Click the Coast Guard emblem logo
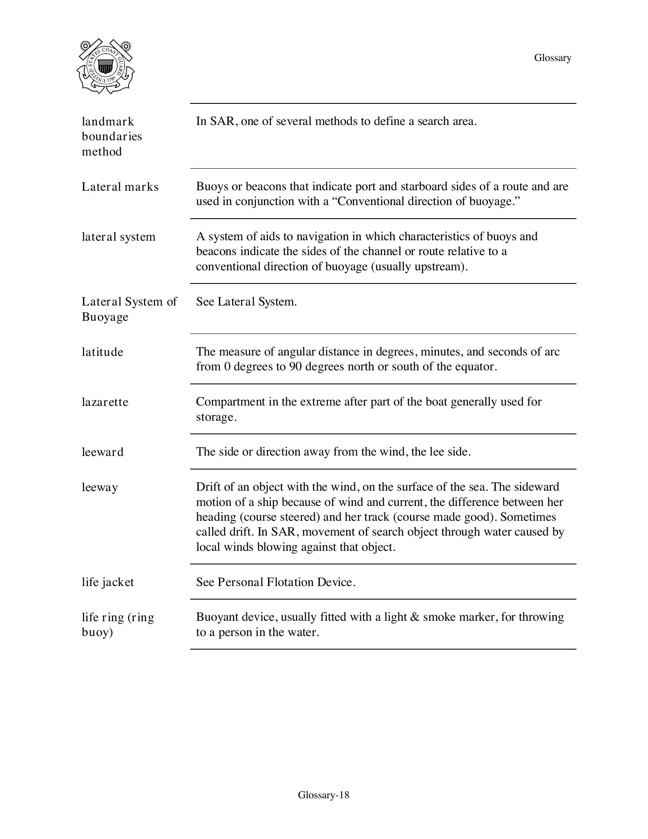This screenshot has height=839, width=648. tap(105, 67)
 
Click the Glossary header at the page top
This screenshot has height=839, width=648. tap(552, 58)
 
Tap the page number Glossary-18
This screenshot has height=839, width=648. tap(324, 795)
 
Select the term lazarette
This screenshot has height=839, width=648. tap(105, 402)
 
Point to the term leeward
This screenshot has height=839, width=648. tap(102, 452)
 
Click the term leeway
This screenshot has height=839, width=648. tap(100, 487)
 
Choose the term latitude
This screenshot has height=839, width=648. tap(102, 352)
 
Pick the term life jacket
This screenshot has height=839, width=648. tap(108, 582)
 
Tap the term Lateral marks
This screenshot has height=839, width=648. tap(120, 187)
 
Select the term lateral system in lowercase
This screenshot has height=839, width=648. tap(119, 237)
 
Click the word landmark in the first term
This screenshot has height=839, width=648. tap(108, 122)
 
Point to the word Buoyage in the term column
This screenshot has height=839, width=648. tap(105, 317)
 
